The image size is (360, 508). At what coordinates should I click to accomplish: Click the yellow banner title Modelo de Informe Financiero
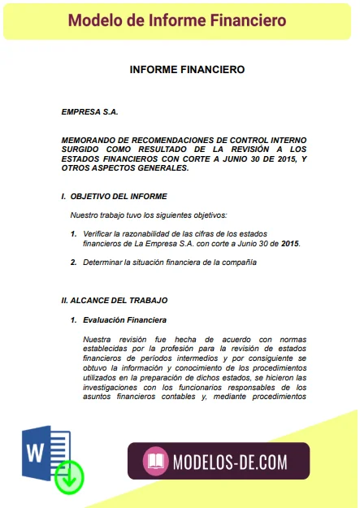coord(177,20)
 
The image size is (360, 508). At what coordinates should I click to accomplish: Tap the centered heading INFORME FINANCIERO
coord(187,70)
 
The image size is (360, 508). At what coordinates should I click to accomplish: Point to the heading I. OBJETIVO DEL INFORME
coord(114,197)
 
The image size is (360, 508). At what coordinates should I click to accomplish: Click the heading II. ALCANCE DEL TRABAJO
coord(114,300)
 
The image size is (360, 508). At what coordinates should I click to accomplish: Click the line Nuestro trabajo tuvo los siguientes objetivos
coord(148,215)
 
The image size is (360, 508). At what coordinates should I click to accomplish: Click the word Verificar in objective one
coord(99,233)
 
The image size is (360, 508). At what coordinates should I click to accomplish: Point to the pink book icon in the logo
coord(154,462)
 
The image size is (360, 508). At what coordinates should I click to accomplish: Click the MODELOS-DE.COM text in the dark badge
coord(230,462)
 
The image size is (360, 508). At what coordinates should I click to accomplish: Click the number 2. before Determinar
coord(73,263)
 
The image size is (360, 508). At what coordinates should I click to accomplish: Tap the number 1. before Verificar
coord(73,233)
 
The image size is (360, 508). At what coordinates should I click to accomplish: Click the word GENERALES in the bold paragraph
coord(163,168)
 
